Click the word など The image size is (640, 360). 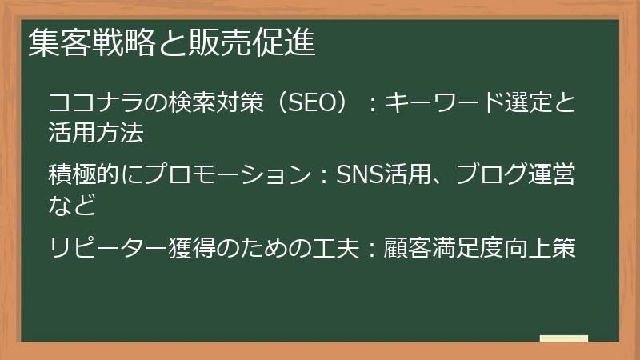pos(72,205)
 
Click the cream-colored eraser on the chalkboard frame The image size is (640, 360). pos(563,338)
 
